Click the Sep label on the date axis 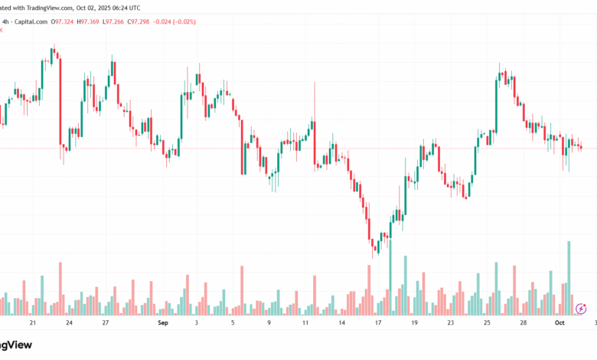[x=161, y=323]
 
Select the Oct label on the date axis [x=559, y=323]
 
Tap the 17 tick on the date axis [x=378, y=323]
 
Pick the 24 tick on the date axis [x=69, y=323]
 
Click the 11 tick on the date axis [x=305, y=323]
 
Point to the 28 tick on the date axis [x=524, y=323]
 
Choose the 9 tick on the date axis [x=269, y=323]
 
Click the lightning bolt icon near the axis [x=581, y=309]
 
